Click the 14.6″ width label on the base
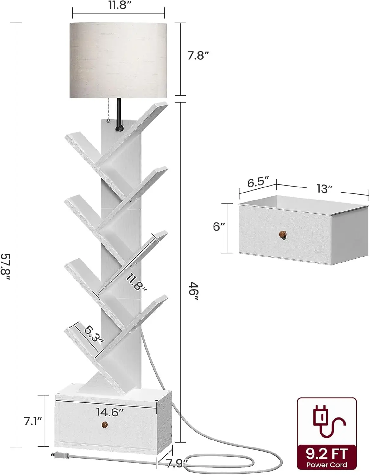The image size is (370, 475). point(110,412)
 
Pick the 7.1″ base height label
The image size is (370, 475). point(33,421)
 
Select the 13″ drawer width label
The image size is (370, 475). point(325,188)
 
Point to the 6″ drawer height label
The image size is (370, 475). point(219,226)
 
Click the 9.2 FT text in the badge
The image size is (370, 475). point(327,454)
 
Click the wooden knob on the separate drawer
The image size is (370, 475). point(283,235)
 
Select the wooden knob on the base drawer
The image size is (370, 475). point(104,424)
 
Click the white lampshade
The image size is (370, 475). point(118,60)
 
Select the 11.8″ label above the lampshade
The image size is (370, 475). point(118,5)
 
